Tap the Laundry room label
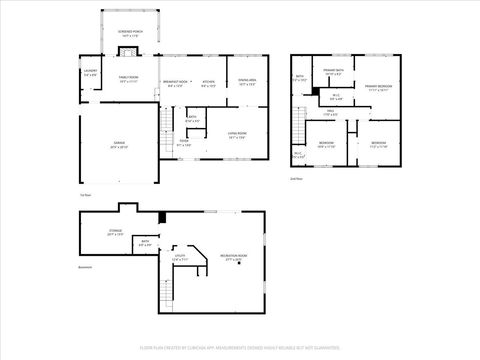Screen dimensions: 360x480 tap(90, 73)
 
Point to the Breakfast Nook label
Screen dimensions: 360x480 tap(179, 83)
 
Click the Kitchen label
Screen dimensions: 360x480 tap(210, 83)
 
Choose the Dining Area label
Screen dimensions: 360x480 tap(248, 83)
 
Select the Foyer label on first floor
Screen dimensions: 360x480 tap(184, 142)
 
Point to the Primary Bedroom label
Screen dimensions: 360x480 tap(378, 88)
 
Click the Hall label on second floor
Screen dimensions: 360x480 tap(331, 114)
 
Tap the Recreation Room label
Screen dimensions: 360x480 tap(234, 257)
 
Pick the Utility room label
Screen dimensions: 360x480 tap(180, 258)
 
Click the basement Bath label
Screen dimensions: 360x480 tap(145, 242)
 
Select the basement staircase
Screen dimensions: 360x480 tap(170, 290)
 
